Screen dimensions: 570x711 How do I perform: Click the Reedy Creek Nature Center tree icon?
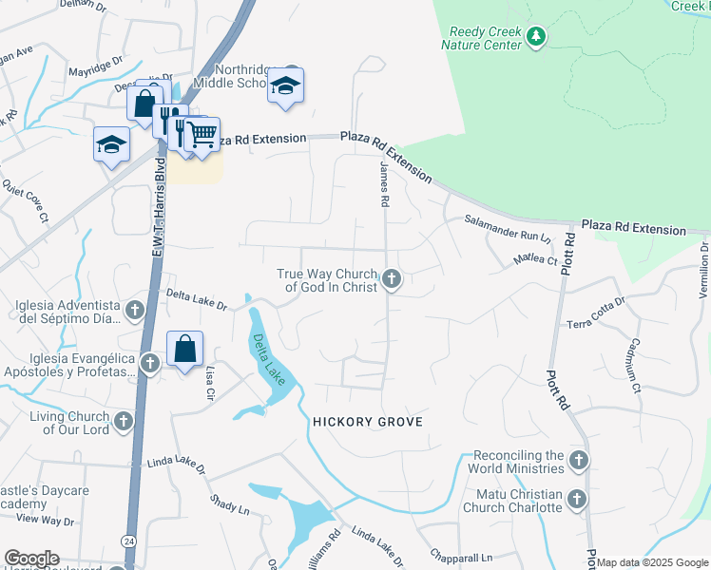click(x=537, y=37)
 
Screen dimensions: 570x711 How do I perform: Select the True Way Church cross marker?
click(x=391, y=280)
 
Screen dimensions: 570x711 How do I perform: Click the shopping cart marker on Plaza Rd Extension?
click(x=202, y=135)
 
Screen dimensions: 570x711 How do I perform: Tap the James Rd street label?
click(x=385, y=183)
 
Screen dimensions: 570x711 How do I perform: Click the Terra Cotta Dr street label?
click(x=596, y=313)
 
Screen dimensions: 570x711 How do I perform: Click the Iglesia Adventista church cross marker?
click(x=136, y=310)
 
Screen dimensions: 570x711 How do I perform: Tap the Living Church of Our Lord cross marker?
click(x=123, y=421)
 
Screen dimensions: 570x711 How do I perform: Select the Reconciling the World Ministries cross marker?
click(x=579, y=462)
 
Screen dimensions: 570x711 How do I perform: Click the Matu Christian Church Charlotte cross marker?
click(x=577, y=500)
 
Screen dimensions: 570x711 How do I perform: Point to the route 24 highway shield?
click(x=126, y=541)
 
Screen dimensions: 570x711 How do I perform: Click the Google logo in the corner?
click(x=30, y=559)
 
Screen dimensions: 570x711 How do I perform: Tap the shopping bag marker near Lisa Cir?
click(x=185, y=349)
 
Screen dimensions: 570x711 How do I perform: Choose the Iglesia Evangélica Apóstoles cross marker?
click(x=149, y=363)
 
